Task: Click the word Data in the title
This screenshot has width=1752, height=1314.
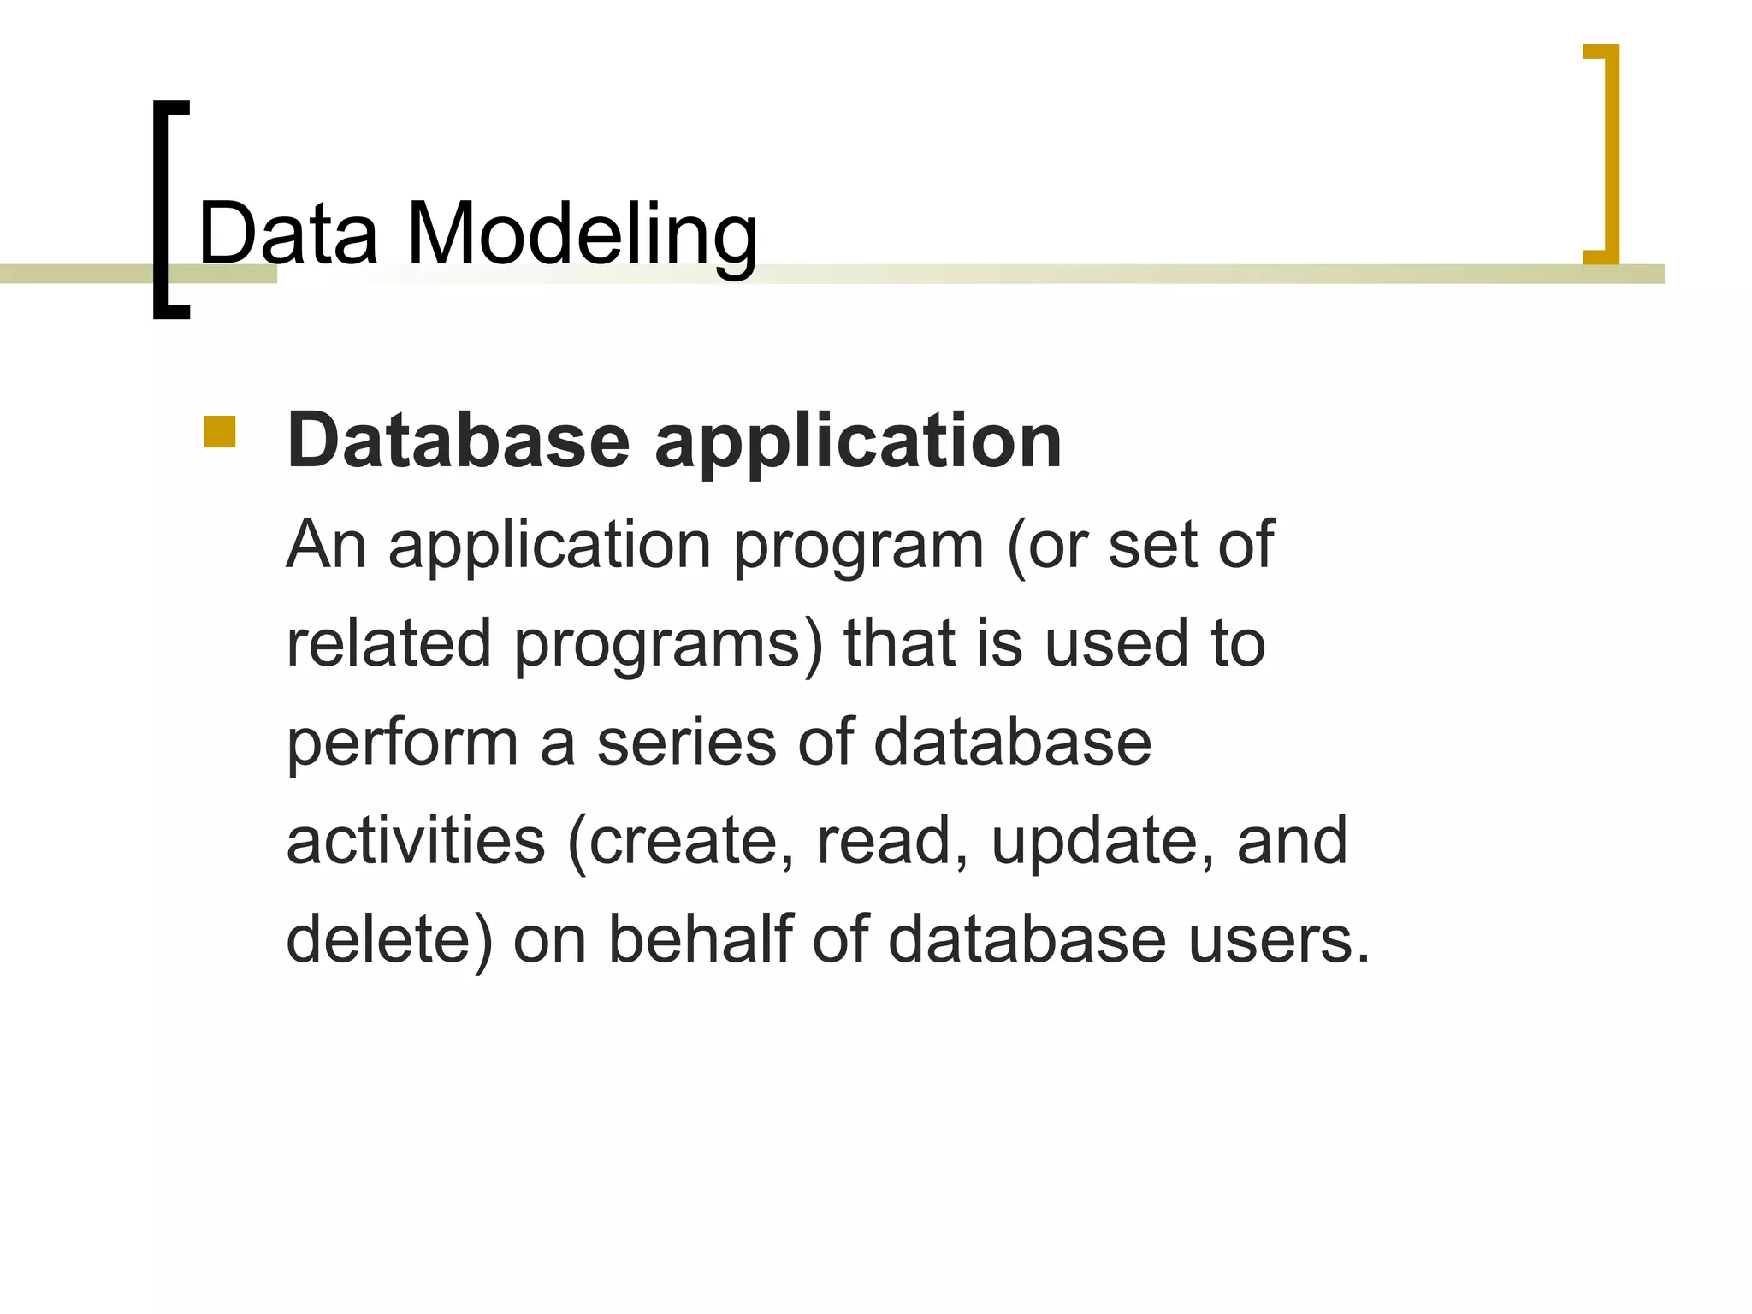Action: [287, 233]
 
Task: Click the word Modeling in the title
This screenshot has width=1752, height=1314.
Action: [582, 236]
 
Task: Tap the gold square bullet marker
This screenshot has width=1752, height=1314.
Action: [219, 432]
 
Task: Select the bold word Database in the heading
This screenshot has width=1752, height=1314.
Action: [459, 441]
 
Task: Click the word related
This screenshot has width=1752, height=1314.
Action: [388, 643]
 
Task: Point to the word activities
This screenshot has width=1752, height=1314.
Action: [416, 841]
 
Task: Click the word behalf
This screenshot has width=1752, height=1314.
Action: [701, 939]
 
